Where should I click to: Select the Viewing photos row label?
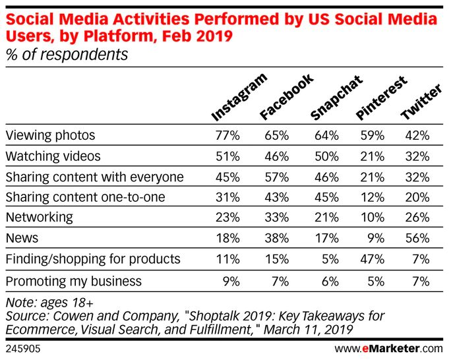50,136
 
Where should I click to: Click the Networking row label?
40,217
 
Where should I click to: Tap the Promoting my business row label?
73,281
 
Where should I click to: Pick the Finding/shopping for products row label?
92,260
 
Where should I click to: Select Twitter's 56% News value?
418,239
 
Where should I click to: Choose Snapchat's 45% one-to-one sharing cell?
326,198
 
